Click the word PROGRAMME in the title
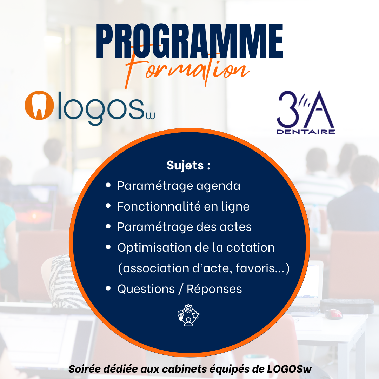click(x=189, y=41)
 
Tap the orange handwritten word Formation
click(x=187, y=70)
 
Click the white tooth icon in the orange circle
click(x=39, y=106)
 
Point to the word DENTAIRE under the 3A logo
click(x=306, y=132)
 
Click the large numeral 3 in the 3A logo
click(x=287, y=109)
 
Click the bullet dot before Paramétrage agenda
click(x=108, y=185)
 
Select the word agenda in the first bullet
click(x=218, y=186)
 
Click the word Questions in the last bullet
click(x=146, y=289)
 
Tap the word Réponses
click(x=214, y=289)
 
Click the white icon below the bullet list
click(x=188, y=315)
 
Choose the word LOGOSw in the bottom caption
click(x=289, y=369)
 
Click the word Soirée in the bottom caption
click(x=84, y=369)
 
